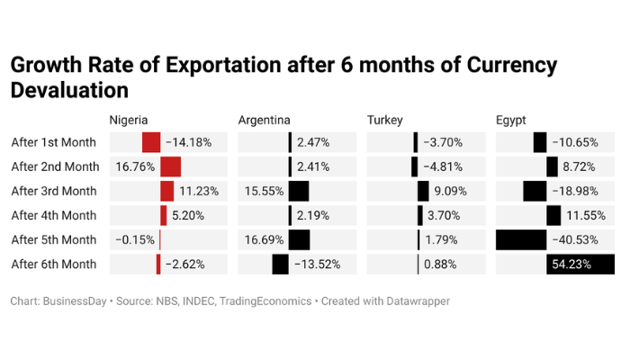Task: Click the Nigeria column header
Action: coord(129,120)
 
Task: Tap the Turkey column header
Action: coord(385,120)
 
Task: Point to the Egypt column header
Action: coord(511,120)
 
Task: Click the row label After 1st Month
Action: coord(53,142)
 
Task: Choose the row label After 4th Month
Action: coord(53,215)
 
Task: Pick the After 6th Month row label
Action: coord(53,264)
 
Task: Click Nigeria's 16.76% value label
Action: coord(134,166)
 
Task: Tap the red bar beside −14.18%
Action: coord(151,142)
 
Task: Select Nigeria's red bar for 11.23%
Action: coord(167,191)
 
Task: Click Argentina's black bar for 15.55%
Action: coord(299,191)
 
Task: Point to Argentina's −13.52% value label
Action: coord(317,264)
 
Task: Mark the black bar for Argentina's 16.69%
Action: coord(300,239)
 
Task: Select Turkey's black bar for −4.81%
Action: coord(415,166)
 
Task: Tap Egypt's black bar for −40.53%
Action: coord(521,239)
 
